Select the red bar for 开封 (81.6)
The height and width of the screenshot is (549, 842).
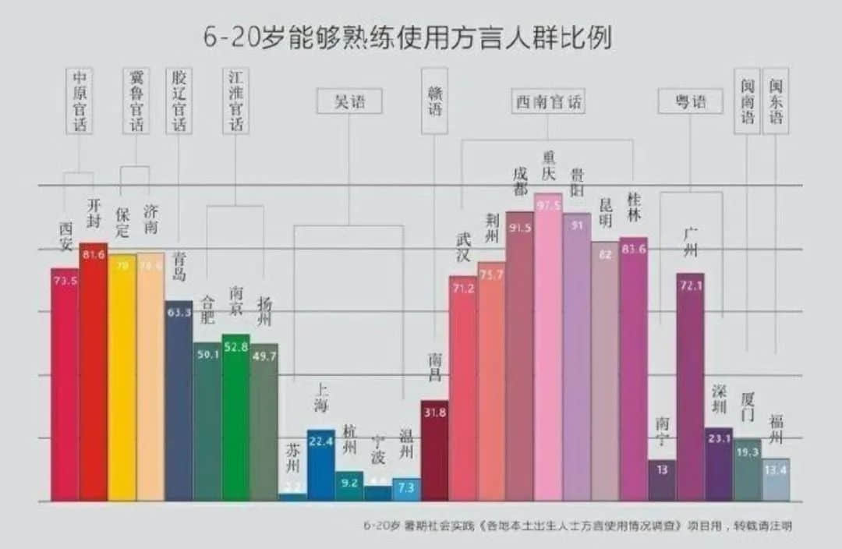click(94, 374)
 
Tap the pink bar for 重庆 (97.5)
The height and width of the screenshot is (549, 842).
click(548, 351)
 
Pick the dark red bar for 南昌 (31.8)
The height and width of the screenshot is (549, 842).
click(434, 452)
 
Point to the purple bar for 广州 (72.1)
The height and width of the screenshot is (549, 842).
click(690, 390)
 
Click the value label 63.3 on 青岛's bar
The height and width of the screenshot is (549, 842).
click(179, 313)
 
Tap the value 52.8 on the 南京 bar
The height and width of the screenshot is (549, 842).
click(235, 346)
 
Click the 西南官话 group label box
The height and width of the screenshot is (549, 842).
click(549, 101)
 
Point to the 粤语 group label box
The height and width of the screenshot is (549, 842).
click(690, 101)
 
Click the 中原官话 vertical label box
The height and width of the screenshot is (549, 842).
click(80, 101)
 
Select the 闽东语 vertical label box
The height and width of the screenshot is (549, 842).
click(776, 101)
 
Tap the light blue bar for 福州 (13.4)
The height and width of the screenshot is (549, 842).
click(776, 480)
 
